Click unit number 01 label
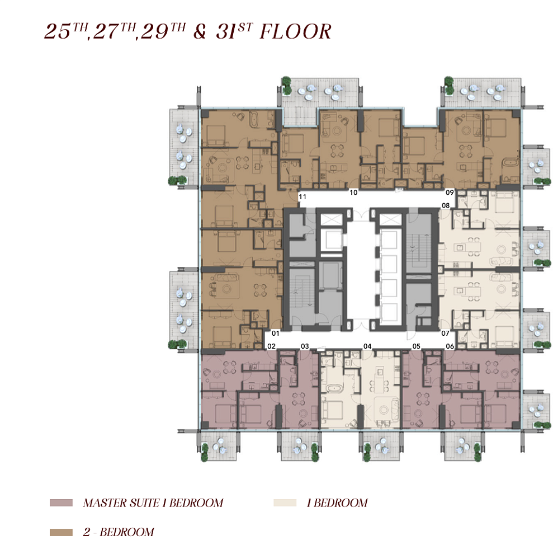click(276, 333)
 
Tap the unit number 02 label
click(271, 346)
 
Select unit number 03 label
click(305, 346)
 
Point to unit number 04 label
click(367, 346)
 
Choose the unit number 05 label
click(416, 346)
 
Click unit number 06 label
click(450, 346)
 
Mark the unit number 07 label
click(446, 333)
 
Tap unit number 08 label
click(446, 205)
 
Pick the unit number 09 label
click(450, 193)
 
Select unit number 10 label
click(353, 193)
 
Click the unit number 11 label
click(303, 196)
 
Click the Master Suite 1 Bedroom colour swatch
click(61, 503)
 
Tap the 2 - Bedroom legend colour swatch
click(61, 532)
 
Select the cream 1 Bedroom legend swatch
click(285, 503)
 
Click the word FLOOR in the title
click(296, 31)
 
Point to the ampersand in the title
click(200, 31)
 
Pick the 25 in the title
click(58, 32)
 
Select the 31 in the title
click(226, 32)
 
